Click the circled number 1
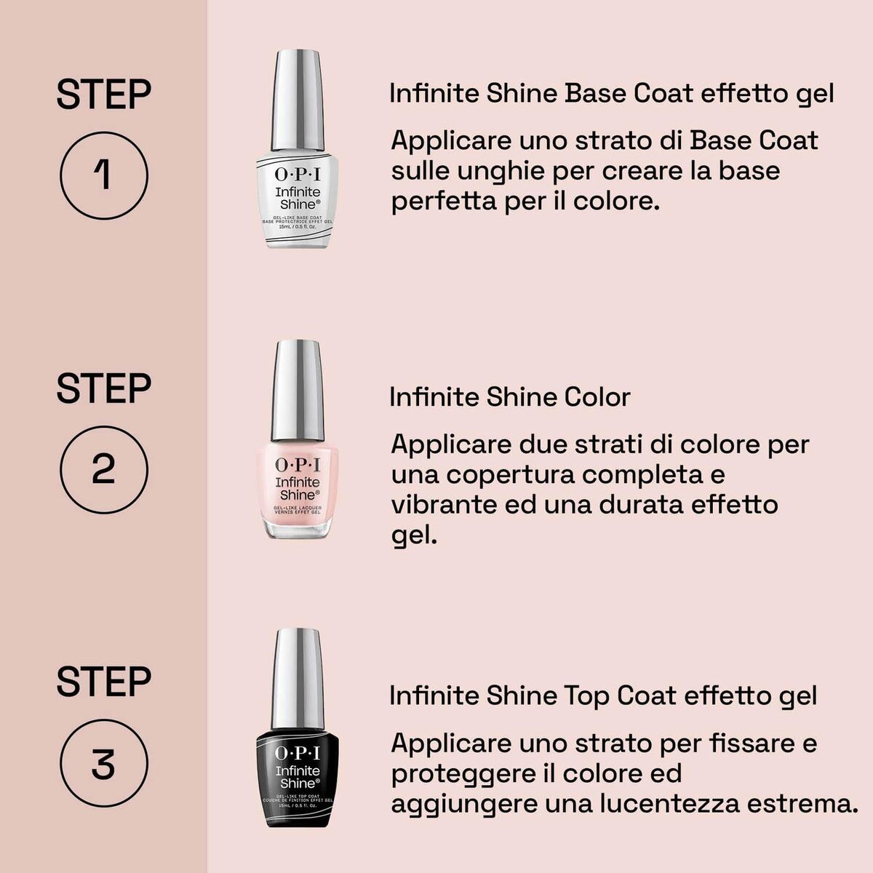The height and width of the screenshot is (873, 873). point(103,175)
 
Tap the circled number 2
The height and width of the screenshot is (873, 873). point(103,469)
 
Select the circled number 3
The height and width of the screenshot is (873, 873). point(103,764)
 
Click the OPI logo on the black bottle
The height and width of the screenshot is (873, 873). point(298,753)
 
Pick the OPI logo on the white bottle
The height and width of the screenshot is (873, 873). point(298,175)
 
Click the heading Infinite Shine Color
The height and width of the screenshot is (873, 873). point(509,397)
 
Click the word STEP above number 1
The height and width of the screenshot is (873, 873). point(104,95)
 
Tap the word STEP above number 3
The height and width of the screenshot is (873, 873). point(104,682)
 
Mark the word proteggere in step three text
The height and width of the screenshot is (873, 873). point(456,773)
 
